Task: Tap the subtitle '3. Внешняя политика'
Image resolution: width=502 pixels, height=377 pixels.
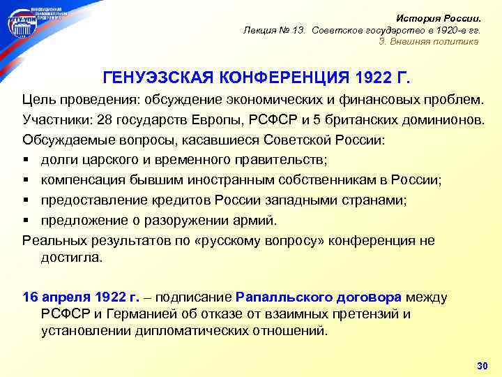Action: coord(429,41)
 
